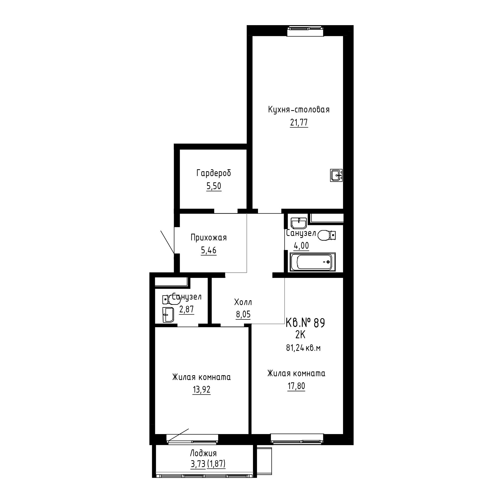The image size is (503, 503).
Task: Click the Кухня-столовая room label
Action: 299,110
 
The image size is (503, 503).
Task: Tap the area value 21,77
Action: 299,122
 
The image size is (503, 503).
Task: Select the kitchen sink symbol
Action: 336,175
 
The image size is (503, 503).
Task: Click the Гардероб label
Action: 214,173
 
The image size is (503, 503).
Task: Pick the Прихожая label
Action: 208,238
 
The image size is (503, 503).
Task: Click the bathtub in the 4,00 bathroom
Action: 313,262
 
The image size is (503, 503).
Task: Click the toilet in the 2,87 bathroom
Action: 171,300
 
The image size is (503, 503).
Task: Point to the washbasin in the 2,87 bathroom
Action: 168,315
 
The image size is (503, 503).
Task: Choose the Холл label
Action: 243,302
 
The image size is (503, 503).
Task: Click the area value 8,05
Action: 243,315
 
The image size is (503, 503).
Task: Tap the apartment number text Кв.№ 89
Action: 305,323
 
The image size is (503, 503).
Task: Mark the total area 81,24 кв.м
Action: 303,348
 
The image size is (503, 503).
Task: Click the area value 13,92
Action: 201,390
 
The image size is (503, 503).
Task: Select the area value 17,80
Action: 296,386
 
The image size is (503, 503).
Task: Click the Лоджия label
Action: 203,453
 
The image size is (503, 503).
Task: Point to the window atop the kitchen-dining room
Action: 306,31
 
